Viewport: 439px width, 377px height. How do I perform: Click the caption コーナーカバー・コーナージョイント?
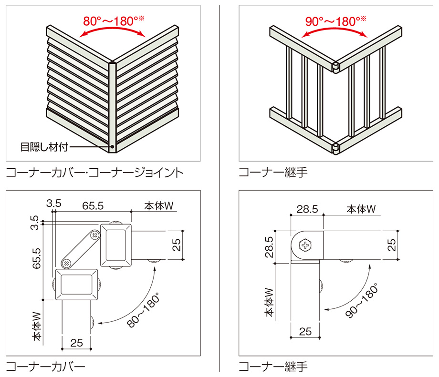(x=94, y=172)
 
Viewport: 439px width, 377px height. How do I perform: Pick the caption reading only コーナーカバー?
(x=46, y=367)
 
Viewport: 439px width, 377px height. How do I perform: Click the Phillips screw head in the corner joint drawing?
(x=304, y=246)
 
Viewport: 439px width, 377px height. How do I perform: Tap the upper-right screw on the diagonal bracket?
(x=95, y=235)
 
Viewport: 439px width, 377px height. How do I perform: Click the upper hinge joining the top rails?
(x=335, y=66)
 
